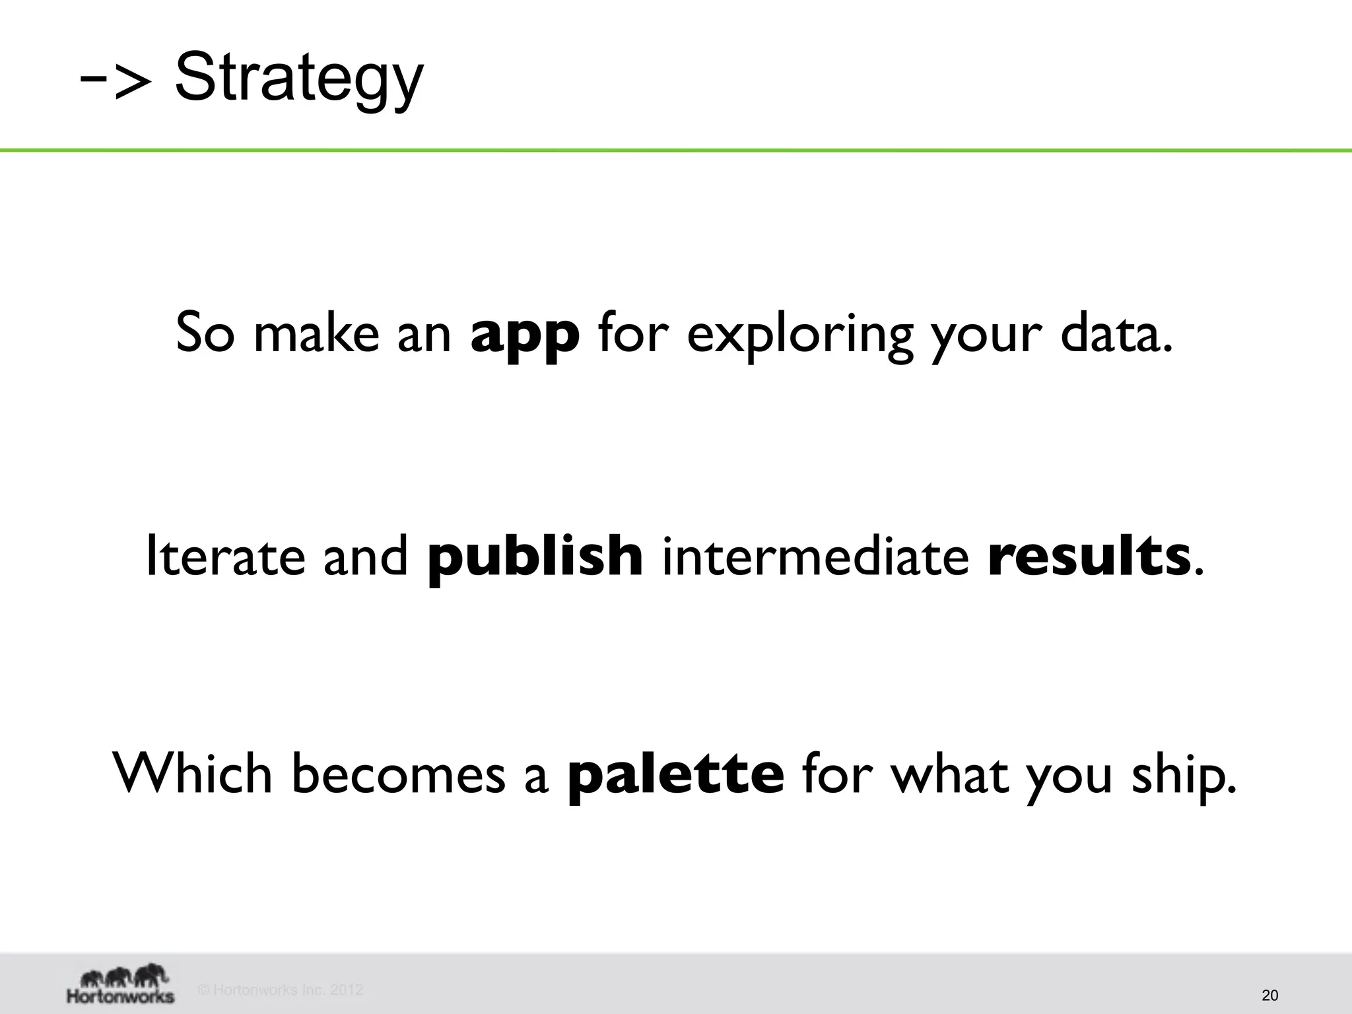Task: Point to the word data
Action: coord(1116,333)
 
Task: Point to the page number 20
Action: coord(1269,996)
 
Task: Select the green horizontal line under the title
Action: coord(676,151)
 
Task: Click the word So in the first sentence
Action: coord(205,333)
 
